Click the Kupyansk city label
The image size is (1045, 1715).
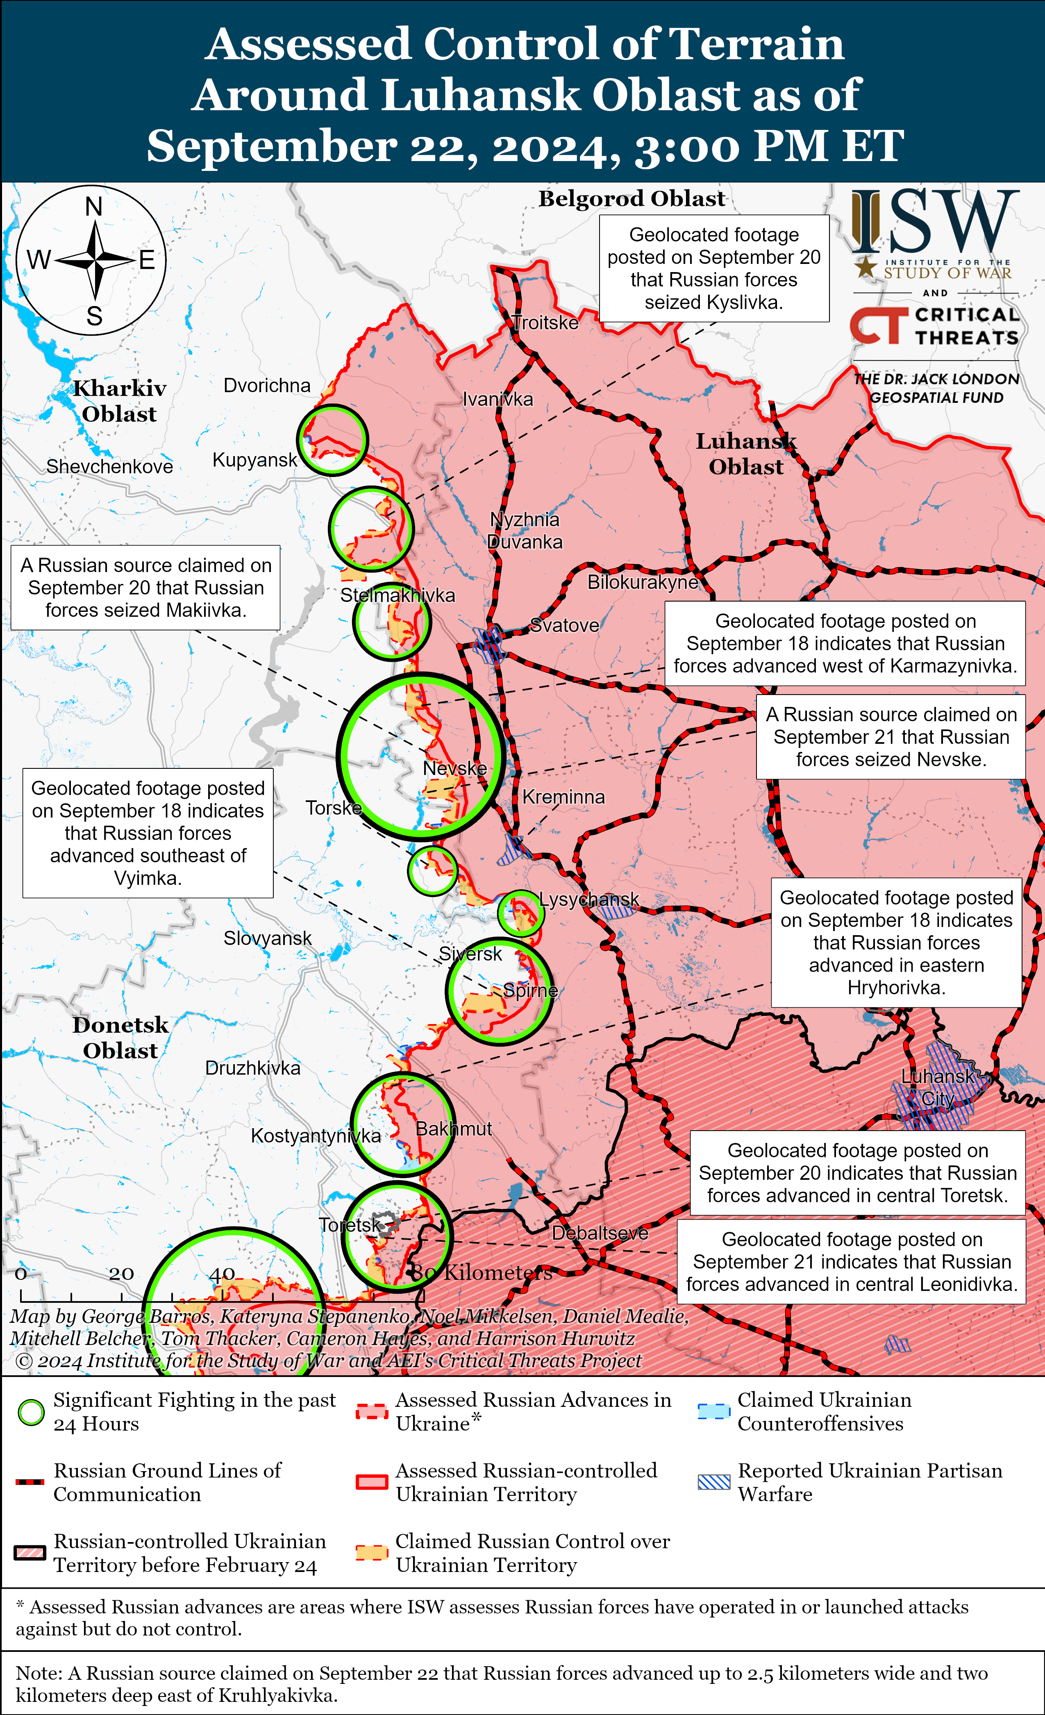click(x=255, y=460)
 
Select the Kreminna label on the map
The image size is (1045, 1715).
click(x=563, y=797)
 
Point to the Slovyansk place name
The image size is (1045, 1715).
click(x=267, y=938)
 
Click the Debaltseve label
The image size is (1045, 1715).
click(x=600, y=1233)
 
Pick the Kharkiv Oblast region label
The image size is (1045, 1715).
click(x=120, y=401)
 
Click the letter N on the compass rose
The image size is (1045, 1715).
click(x=94, y=207)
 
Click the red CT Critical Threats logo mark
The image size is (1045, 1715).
click(x=879, y=325)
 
